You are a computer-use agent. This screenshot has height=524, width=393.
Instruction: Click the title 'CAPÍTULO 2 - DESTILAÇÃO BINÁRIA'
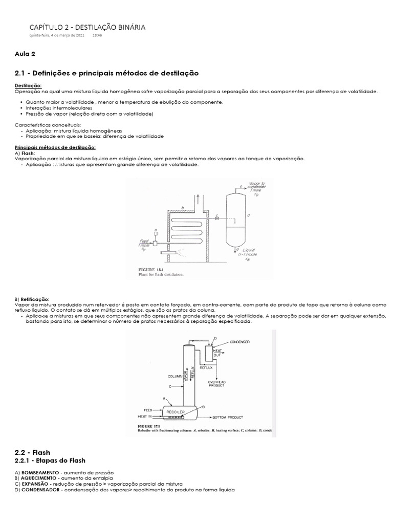87,27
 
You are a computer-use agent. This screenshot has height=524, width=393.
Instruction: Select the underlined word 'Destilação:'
28,85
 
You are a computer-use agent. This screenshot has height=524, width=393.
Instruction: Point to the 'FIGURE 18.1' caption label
153,269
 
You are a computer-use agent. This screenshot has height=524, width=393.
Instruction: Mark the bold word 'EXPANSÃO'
34,484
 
